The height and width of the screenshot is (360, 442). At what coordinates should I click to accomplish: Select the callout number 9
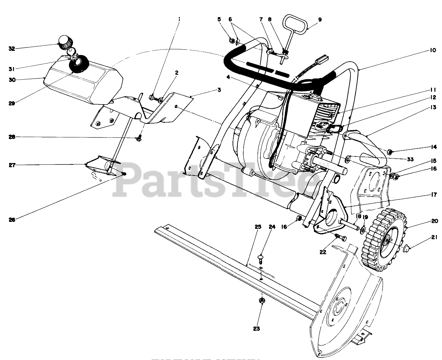[x=319, y=20]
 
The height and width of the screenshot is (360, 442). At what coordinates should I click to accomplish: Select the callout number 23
[x=256, y=328]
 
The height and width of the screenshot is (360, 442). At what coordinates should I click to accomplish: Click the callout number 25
[x=258, y=227]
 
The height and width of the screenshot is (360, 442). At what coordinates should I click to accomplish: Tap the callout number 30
[x=12, y=79]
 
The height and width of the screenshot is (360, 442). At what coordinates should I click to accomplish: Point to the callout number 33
[x=410, y=159]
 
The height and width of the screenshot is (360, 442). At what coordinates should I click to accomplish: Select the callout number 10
[x=433, y=50]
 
